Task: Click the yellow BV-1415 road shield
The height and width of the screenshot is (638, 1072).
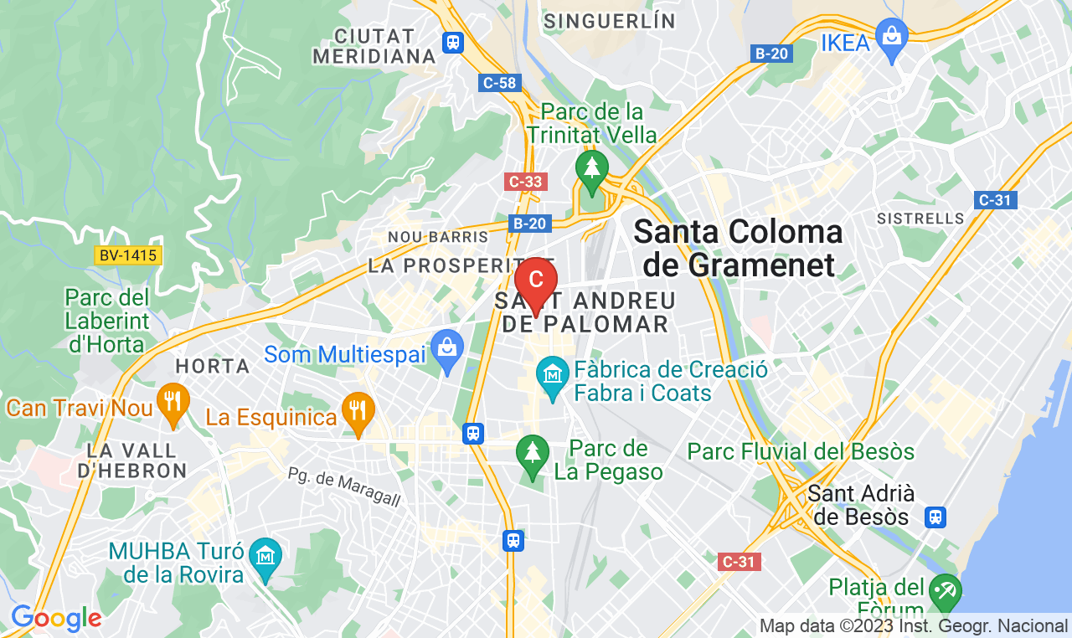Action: (127, 255)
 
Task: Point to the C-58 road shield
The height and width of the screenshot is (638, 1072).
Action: (501, 83)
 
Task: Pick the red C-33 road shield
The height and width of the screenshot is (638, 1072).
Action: (526, 181)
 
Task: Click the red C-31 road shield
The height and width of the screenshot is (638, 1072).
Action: (739, 561)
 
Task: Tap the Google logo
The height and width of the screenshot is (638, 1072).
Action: (55, 619)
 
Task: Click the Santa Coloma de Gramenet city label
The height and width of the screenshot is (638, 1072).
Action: (738, 248)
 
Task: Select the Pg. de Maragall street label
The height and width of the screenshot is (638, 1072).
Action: (344, 487)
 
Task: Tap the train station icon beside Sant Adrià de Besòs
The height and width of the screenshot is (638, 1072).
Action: (935, 517)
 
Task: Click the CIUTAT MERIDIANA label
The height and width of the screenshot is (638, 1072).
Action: (374, 46)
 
